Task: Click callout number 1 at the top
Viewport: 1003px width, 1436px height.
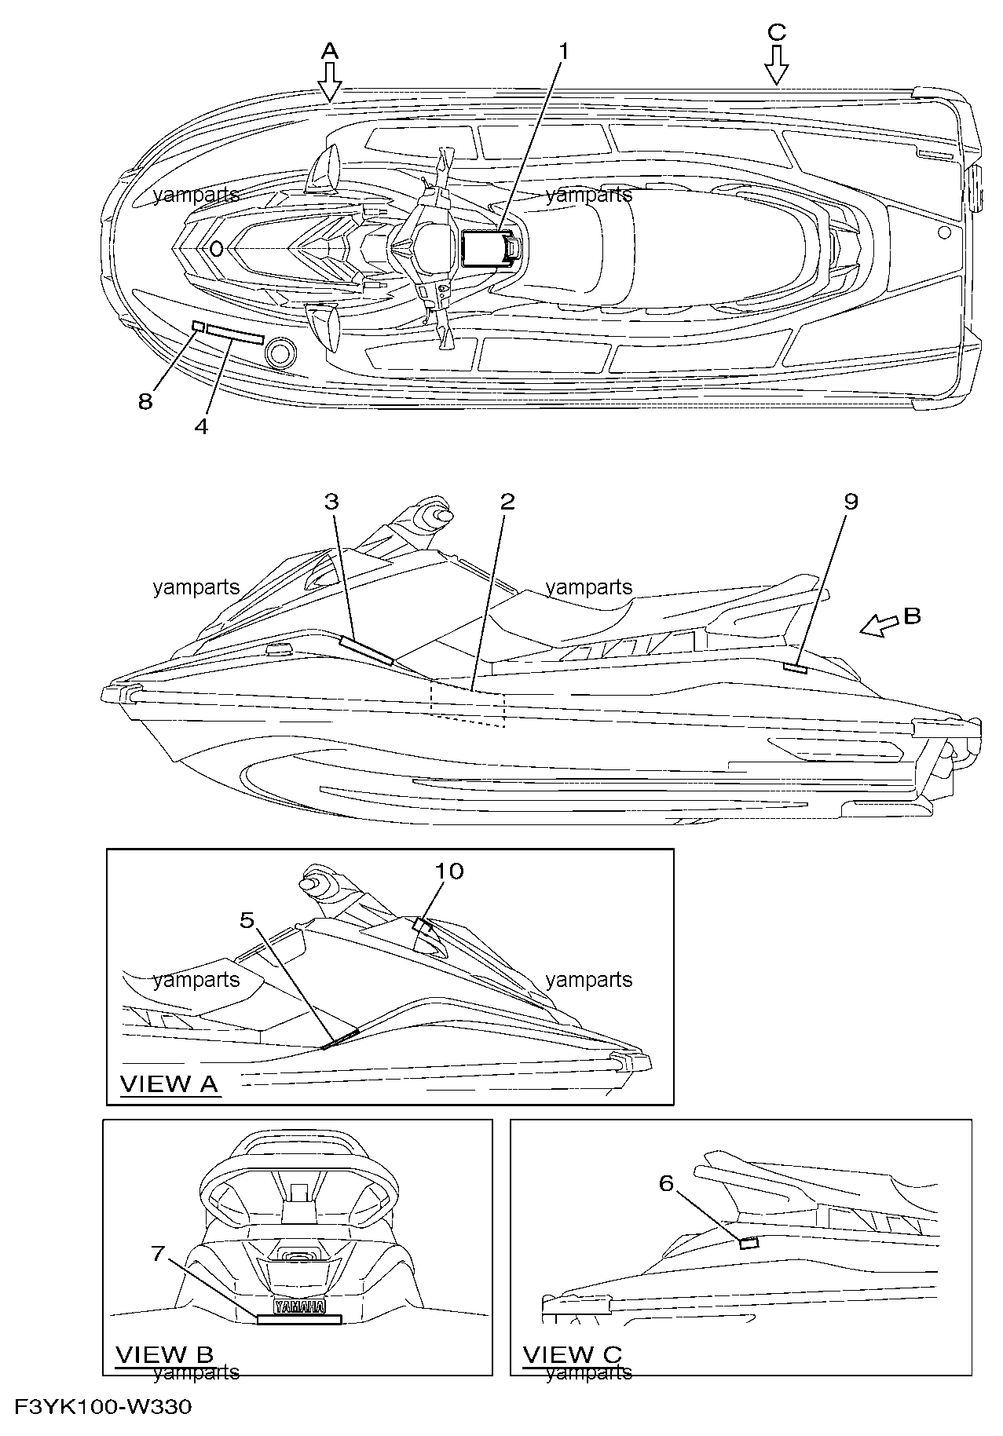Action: click(562, 51)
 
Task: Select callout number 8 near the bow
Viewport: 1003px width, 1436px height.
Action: click(145, 402)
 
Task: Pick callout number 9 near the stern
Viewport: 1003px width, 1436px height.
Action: click(851, 501)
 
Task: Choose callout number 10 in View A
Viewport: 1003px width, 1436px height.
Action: click(450, 871)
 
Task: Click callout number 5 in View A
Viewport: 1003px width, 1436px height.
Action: click(248, 919)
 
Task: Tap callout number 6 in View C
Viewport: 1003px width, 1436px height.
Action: click(666, 1182)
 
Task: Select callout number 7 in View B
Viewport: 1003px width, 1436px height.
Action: click(158, 1254)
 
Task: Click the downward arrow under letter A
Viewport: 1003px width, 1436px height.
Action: click(330, 82)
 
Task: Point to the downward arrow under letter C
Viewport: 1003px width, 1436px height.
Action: click(776, 64)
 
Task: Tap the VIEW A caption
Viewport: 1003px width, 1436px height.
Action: click(168, 1084)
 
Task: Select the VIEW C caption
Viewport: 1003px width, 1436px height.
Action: click(572, 1354)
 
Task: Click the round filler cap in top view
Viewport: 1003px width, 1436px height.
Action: click(282, 354)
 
